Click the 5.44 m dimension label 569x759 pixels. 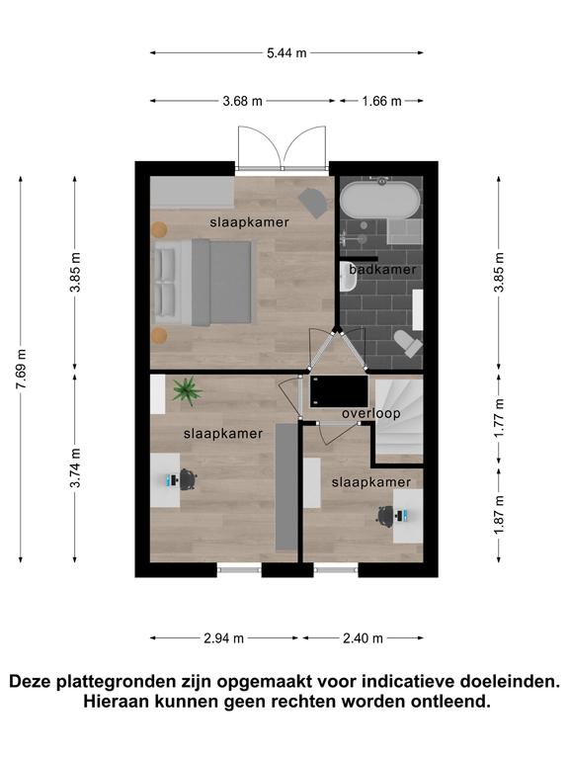[x=286, y=52]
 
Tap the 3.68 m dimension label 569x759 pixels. [x=242, y=101]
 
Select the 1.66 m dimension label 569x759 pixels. [x=381, y=101]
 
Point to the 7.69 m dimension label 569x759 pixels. [x=21, y=369]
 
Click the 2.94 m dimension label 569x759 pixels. [x=223, y=638]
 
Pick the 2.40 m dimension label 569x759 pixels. [x=363, y=638]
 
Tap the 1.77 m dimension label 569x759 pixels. [x=499, y=418]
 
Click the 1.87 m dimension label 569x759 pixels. [x=499, y=515]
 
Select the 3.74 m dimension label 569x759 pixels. [x=75, y=468]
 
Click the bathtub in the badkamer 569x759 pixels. [x=379, y=200]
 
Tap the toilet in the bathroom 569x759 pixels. [x=408, y=343]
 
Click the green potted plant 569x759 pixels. [x=187, y=390]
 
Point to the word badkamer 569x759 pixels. [x=382, y=270]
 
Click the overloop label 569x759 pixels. [x=371, y=413]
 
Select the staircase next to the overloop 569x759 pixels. [x=399, y=420]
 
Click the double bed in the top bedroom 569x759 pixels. [x=203, y=282]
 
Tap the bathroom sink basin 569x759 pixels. [x=347, y=277]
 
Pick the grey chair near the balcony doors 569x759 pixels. [x=312, y=203]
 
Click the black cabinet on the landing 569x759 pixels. [x=339, y=391]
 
